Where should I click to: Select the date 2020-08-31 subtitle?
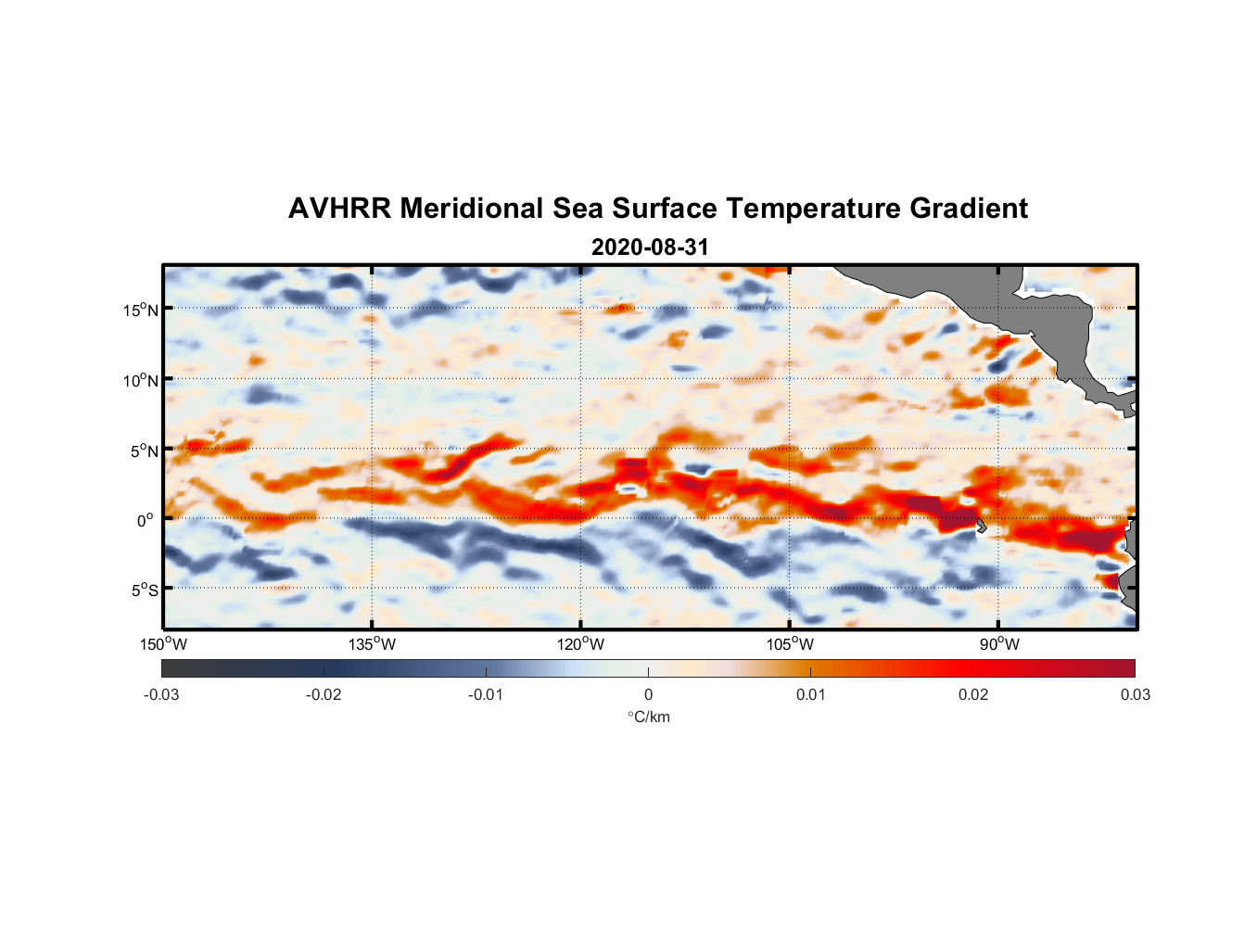[x=649, y=248]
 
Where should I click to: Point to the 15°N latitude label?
[x=140, y=310]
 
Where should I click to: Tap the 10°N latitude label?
[x=140, y=380]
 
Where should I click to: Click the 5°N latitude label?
[x=143, y=451]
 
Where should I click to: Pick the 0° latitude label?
[x=146, y=520]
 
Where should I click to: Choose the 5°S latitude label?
[x=143, y=590]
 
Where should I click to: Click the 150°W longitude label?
[x=163, y=644]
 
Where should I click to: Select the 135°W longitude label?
[x=373, y=644]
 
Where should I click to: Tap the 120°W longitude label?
[x=581, y=644]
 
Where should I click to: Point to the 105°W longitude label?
[x=790, y=644]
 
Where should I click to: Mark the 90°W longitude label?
[x=998, y=644]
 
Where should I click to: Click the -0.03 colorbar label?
[x=161, y=694]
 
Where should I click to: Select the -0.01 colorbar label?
[x=486, y=694]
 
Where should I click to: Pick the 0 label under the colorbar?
[x=648, y=694]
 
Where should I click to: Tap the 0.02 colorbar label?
[x=972, y=694]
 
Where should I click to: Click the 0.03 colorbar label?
[x=1135, y=694]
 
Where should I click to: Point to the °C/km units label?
[x=648, y=717]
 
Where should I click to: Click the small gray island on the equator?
[x=981, y=526]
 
